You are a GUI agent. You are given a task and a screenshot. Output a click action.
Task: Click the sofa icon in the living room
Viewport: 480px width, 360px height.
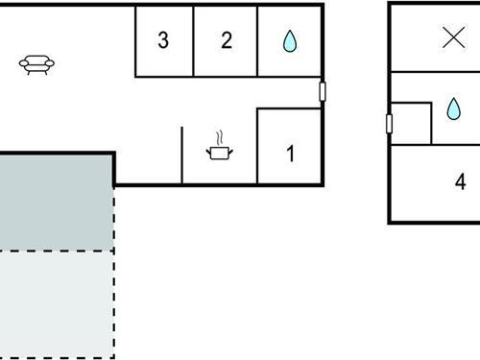(36, 64)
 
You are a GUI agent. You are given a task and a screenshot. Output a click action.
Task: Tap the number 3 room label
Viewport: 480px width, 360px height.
(163, 40)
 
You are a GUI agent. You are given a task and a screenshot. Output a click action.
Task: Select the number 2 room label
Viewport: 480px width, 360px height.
(227, 40)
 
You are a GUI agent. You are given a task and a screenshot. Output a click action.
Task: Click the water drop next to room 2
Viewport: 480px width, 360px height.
(289, 40)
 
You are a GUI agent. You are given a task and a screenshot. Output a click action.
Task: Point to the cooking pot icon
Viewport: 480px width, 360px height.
(220, 152)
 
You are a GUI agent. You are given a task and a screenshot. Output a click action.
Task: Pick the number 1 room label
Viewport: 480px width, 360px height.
(291, 154)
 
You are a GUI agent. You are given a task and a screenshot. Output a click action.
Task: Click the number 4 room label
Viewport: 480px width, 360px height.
(461, 181)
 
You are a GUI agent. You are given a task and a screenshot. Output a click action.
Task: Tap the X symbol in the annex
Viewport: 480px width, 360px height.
(452, 37)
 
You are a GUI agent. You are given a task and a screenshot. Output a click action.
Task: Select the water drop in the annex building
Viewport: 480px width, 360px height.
(453, 109)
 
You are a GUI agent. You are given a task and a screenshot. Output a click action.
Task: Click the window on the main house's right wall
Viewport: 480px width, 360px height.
(323, 92)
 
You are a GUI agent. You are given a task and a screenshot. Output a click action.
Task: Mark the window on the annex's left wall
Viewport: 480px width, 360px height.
(389, 123)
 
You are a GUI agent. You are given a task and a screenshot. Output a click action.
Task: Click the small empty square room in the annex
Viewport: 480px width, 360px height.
(411, 124)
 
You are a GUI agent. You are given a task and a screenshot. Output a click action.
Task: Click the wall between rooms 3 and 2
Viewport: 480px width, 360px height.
(194, 40)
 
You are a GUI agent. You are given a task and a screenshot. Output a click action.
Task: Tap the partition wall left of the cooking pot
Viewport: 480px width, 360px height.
(182, 154)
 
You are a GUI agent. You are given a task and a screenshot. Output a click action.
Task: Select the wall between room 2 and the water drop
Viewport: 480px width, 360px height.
(257, 40)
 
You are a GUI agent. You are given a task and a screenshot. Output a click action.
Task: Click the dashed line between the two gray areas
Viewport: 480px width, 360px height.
(56, 251)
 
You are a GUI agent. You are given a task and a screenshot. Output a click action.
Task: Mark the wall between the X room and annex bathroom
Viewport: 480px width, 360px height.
(434, 72)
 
